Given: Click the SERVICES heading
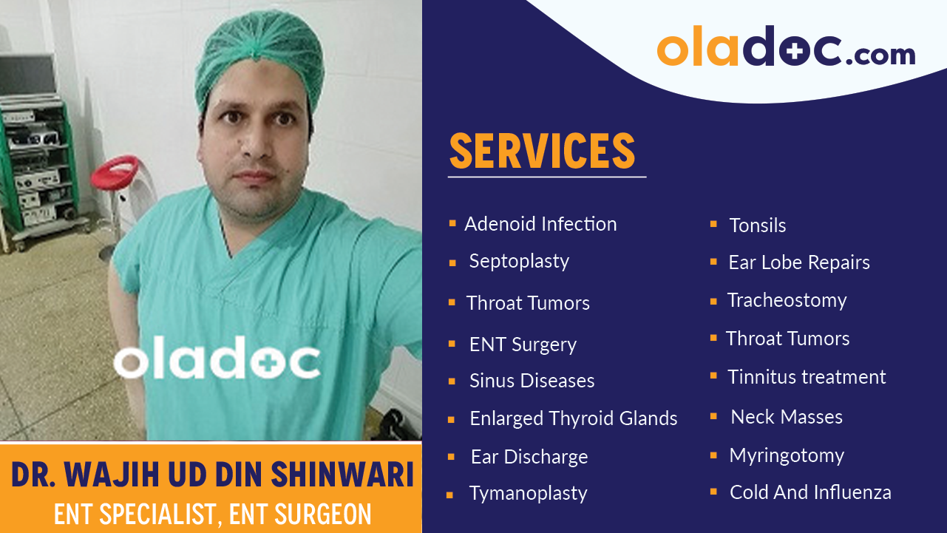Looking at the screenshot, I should [542, 151].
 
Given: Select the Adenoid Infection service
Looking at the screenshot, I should [540, 224].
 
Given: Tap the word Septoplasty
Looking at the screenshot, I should [519, 262].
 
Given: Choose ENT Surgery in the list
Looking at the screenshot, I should [523, 344].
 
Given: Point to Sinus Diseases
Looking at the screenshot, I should [532, 381].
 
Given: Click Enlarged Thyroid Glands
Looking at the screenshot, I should [573, 418].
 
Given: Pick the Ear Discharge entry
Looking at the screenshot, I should [529, 457].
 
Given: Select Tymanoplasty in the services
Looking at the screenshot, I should [528, 493].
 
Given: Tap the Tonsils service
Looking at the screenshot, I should [757, 225].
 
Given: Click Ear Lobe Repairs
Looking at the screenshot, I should [798, 262].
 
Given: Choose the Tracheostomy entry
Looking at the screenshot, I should [787, 300].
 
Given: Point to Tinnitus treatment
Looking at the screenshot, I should [807, 377].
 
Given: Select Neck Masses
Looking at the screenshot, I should [787, 417].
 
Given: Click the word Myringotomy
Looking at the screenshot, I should [787, 455].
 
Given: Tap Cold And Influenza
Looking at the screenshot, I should [810, 492].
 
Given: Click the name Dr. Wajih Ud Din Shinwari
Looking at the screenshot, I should [212, 475].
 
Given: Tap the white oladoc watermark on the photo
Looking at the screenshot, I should [217, 361].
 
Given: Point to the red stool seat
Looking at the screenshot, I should [115, 171].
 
